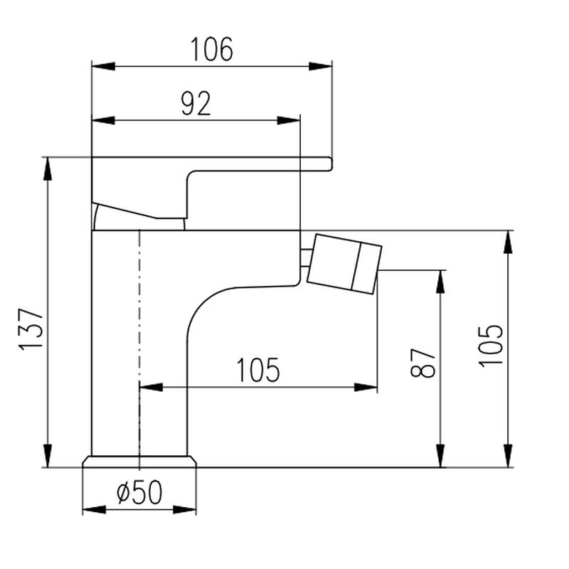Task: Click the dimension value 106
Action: (211, 49)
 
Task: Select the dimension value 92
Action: (196, 104)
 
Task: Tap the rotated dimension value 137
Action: (31, 329)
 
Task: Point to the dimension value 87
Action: (422, 363)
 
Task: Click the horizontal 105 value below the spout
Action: (258, 370)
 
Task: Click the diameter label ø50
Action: (139, 492)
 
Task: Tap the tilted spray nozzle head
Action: (344, 264)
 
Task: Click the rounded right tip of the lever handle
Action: (330, 164)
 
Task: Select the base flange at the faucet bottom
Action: (139, 461)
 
